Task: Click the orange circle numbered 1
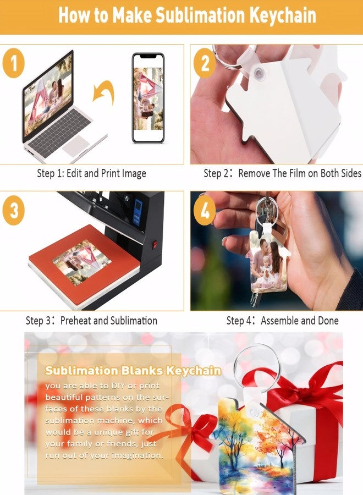(13, 63)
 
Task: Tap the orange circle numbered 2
(205, 63)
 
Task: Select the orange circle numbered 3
(13, 210)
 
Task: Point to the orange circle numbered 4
(205, 210)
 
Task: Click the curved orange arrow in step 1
(104, 91)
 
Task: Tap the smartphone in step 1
(148, 98)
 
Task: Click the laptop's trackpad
(76, 146)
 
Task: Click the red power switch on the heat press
(155, 245)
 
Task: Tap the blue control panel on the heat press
(137, 212)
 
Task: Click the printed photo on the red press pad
(82, 262)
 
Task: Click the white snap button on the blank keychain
(258, 74)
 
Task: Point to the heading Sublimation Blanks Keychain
(133, 371)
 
